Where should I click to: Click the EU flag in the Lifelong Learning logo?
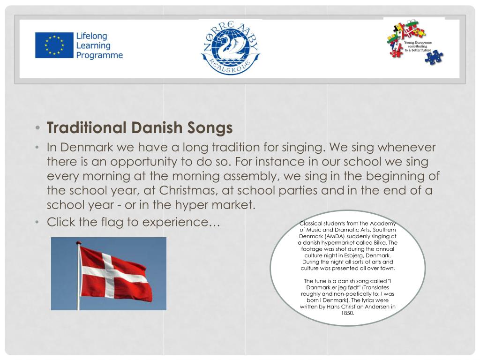click(x=54, y=45)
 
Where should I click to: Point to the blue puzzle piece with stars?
click(x=434, y=57)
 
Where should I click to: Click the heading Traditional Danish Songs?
click(x=139, y=127)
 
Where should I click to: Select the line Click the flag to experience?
click(x=133, y=222)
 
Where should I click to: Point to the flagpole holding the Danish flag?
click(x=78, y=281)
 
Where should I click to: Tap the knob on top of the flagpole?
click(x=78, y=243)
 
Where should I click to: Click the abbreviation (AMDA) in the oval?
click(x=331, y=236)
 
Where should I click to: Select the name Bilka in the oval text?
click(x=381, y=243)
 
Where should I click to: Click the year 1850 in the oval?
click(x=347, y=313)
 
